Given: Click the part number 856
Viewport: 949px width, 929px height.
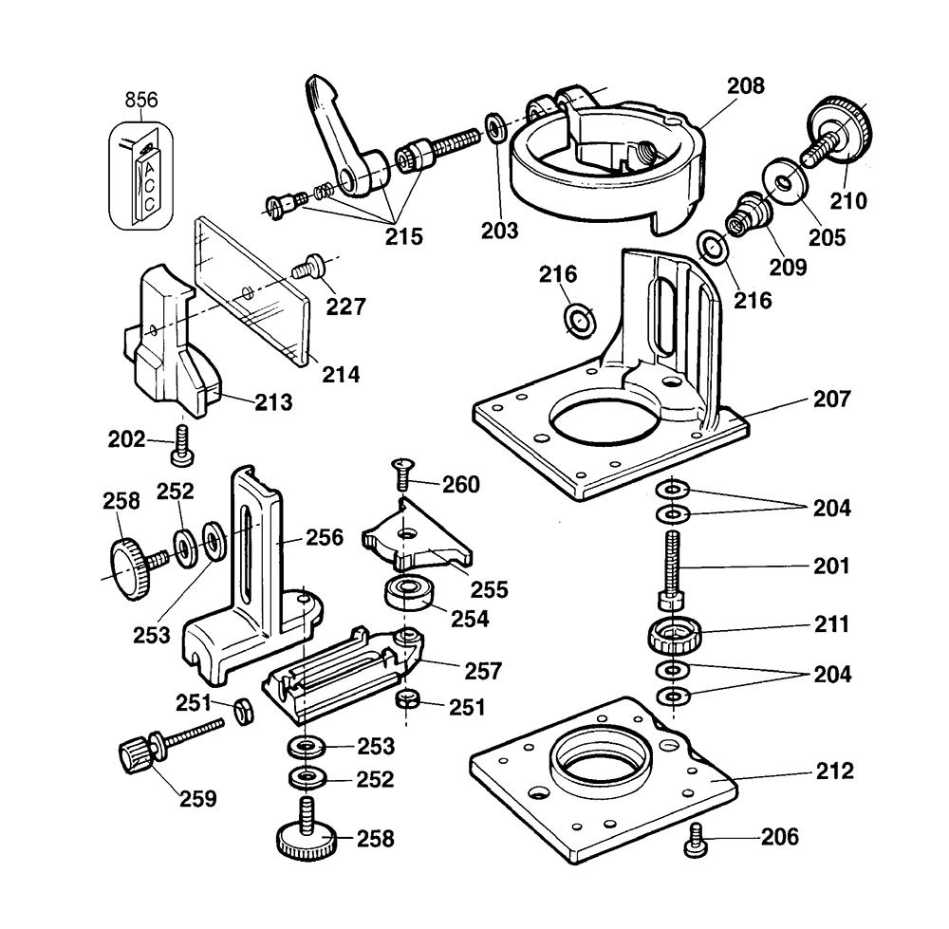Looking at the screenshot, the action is point(141,100).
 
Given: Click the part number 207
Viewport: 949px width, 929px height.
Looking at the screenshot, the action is point(831,399).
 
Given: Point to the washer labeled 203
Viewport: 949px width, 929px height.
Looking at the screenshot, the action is point(496,127).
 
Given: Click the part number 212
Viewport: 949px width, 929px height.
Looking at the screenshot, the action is point(835,771).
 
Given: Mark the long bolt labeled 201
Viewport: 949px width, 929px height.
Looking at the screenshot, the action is point(673,570).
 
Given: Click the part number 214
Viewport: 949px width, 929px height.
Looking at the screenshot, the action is point(341,374).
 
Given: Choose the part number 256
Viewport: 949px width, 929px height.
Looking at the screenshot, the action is point(325,537).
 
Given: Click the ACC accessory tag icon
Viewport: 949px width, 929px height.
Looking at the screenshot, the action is point(141,177).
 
